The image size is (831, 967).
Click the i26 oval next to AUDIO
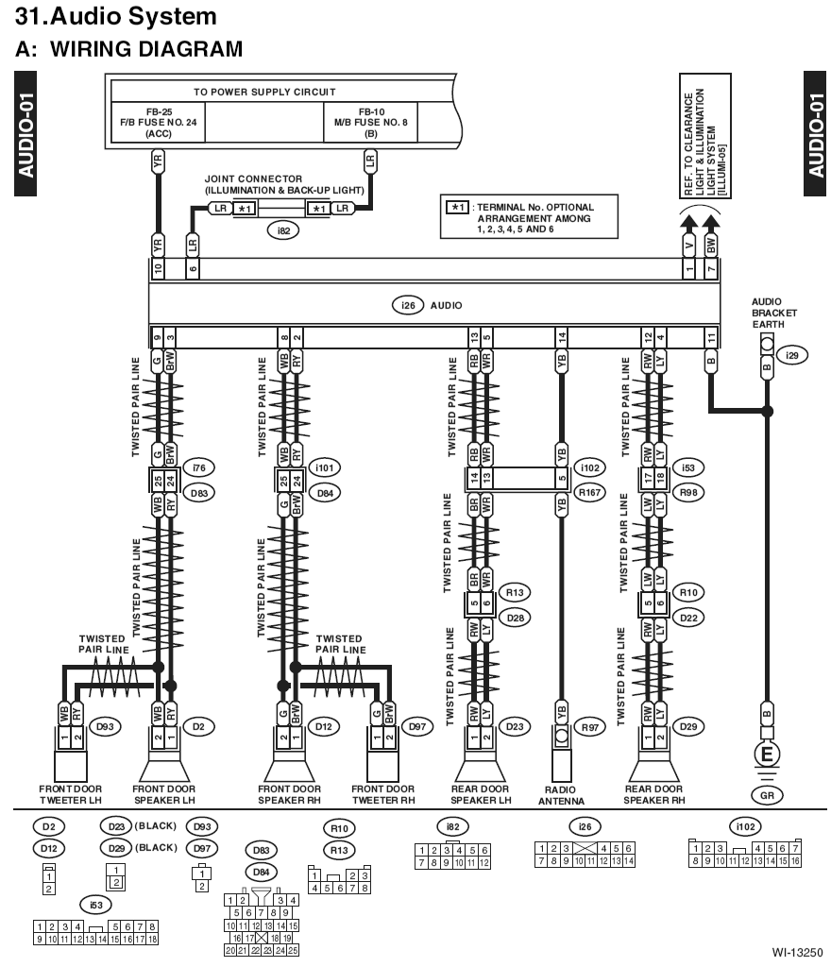[x=408, y=305]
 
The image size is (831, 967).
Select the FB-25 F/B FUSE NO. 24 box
[x=159, y=122]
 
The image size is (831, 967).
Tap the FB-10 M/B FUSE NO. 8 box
[x=370, y=122]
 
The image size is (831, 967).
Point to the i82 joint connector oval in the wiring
[x=283, y=230]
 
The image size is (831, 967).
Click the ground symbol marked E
[x=767, y=755]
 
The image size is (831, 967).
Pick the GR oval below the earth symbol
[x=767, y=795]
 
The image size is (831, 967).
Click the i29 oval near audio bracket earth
[x=792, y=355]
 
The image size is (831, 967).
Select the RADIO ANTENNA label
[x=561, y=795]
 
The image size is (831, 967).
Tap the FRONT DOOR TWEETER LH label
[x=70, y=794]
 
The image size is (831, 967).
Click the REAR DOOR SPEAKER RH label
[x=654, y=794]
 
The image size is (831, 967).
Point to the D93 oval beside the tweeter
[x=105, y=726]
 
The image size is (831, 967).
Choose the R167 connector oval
[x=590, y=493]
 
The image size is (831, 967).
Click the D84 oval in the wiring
[x=325, y=493]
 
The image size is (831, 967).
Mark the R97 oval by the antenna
[x=590, y=727]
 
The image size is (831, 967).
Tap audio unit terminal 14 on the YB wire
[x=562, y=337]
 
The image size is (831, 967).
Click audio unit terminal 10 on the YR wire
[x=158, y=268]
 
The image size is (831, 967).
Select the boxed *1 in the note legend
[x=457, y=207]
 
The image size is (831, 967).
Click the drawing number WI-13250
[x=797, y=953]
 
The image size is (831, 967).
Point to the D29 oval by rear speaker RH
[x=688, y=726]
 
